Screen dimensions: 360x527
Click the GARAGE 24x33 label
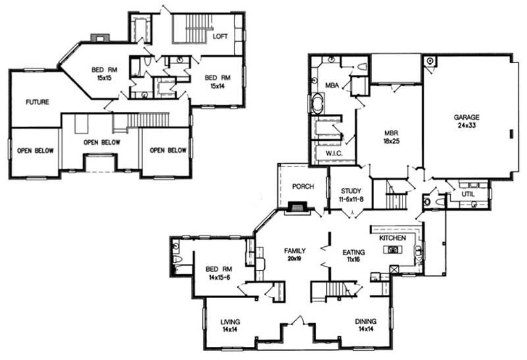tap(466, 122)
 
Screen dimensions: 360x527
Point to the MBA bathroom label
tap(331, 85)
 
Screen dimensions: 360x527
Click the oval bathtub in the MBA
tap(318, 105)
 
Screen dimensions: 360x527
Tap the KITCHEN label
tap(392, 236)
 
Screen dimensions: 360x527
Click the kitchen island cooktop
tap(394, 249)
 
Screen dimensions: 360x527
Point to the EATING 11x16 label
tap(354, 255)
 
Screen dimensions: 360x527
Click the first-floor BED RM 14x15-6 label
tap(218, 273)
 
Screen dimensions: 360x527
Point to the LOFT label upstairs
tap(220, 36)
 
